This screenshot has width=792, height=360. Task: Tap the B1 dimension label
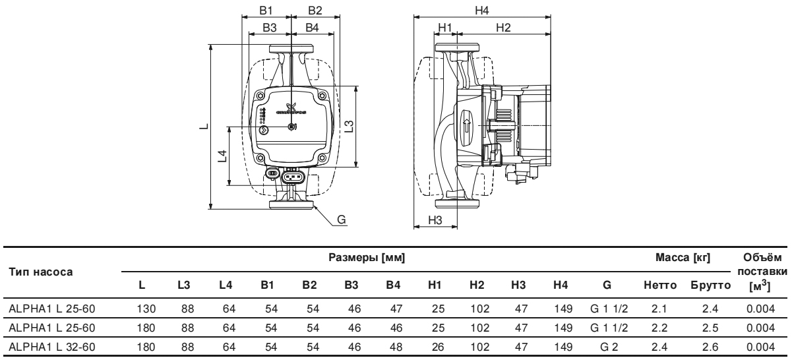pyautogui.click(x=269, y=11)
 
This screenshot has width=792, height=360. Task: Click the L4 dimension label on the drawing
pyautogui.click(x=223, y=156)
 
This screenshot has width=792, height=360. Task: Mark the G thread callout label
pyautogui.click(x=342, y=219)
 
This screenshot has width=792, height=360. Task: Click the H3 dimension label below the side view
pyautogui.click(x=435, y=220)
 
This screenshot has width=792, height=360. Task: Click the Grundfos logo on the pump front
pyautogui.click(x=291, y=109)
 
